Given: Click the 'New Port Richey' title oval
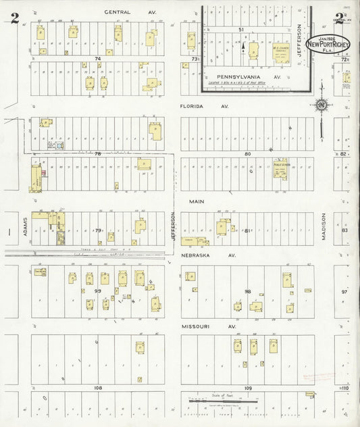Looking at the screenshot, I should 332,43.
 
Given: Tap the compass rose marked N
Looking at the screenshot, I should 322,105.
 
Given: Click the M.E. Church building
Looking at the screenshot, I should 280,52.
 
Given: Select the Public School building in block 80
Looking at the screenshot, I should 280,168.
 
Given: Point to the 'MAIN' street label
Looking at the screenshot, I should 196,201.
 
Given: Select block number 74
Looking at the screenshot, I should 97,59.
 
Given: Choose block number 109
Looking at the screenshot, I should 248,388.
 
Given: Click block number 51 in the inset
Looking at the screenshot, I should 240,30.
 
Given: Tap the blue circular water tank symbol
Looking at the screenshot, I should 59,145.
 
